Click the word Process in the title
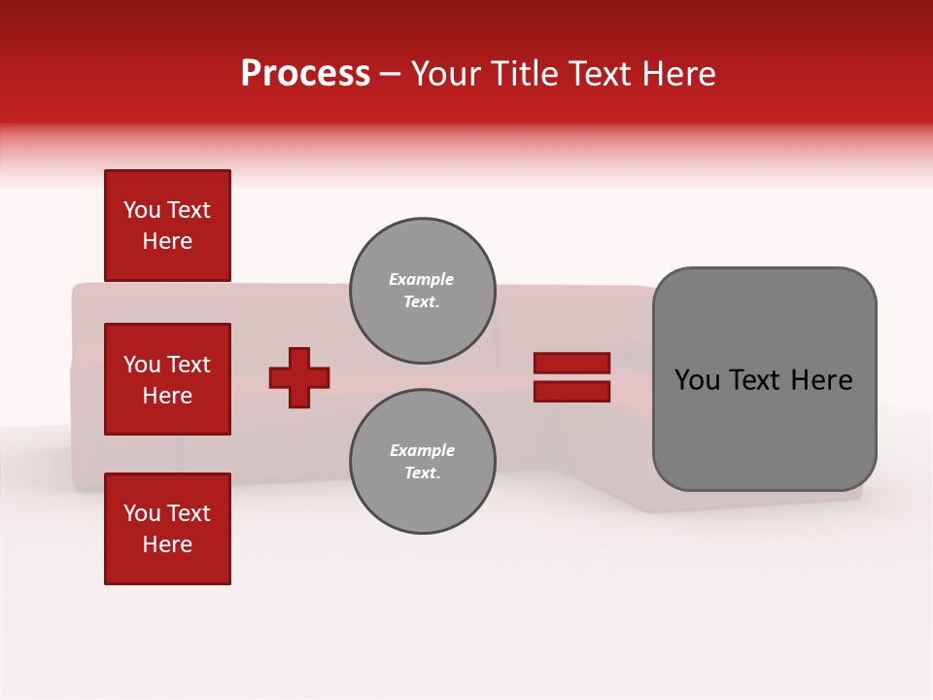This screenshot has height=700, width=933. (305, 74)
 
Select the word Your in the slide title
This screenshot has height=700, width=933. (446, 74)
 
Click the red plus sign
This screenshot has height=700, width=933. (299, 377)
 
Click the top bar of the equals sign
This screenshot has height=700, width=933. (571, 364)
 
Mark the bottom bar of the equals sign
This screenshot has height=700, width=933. (571, 392)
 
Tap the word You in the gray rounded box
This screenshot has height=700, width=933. (697, 380)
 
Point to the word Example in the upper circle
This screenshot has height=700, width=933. (422, 279)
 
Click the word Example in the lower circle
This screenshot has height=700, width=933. (422, 450)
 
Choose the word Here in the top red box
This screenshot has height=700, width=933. (167, 241)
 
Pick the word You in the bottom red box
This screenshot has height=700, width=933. (142, 513)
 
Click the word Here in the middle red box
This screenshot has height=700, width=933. (167, 396)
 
